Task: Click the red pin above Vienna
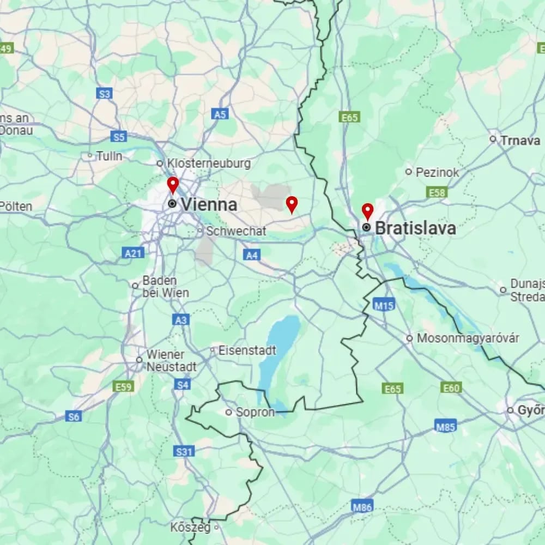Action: tap(173, 185)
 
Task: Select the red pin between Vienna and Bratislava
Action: tap(292, 204)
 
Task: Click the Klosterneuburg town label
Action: tap(209, 163)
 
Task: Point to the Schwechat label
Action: tap(236, 231)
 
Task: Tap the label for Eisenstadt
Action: tap(247, 350)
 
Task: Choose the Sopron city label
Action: tap(255, 412)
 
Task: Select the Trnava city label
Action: tap(520, 140)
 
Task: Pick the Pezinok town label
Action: tap(437, 172)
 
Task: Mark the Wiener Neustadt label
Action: tap(171, 360)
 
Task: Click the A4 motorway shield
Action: tap(251, 255)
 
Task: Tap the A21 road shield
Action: tap(133, 253)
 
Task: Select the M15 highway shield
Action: tap(384, 305)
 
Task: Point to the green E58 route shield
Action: tap(438, 192)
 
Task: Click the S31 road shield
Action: tap(184, 451)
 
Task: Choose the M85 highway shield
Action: tap(446, 426)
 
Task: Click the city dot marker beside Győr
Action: tap(510, 410)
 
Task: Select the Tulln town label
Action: tap(109, 156)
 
